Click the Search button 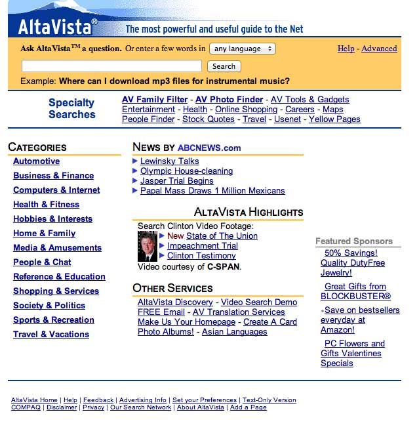[224, 66]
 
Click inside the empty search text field [111, 66]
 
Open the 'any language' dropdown [243, 49]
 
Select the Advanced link [379, 49]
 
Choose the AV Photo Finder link [229, 100]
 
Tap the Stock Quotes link [208, 119]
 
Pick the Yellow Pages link [334, 119]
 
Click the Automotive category [36, 161]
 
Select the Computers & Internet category [56, 190]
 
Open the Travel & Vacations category [51, 335]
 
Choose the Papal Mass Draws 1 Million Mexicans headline [212, 191]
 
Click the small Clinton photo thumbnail [147, 246]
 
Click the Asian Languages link [234, 332]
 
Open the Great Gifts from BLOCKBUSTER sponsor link [355, 291]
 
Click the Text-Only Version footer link [269, 400]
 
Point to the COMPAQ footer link [26, 407]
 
